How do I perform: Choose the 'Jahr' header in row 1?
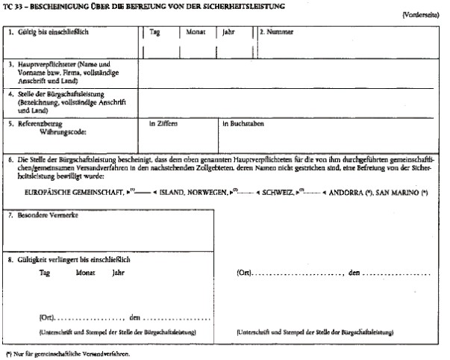(x=228, y=33)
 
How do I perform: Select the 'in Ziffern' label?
(x=163, y=124)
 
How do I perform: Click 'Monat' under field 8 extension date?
(x=86, y=274)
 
